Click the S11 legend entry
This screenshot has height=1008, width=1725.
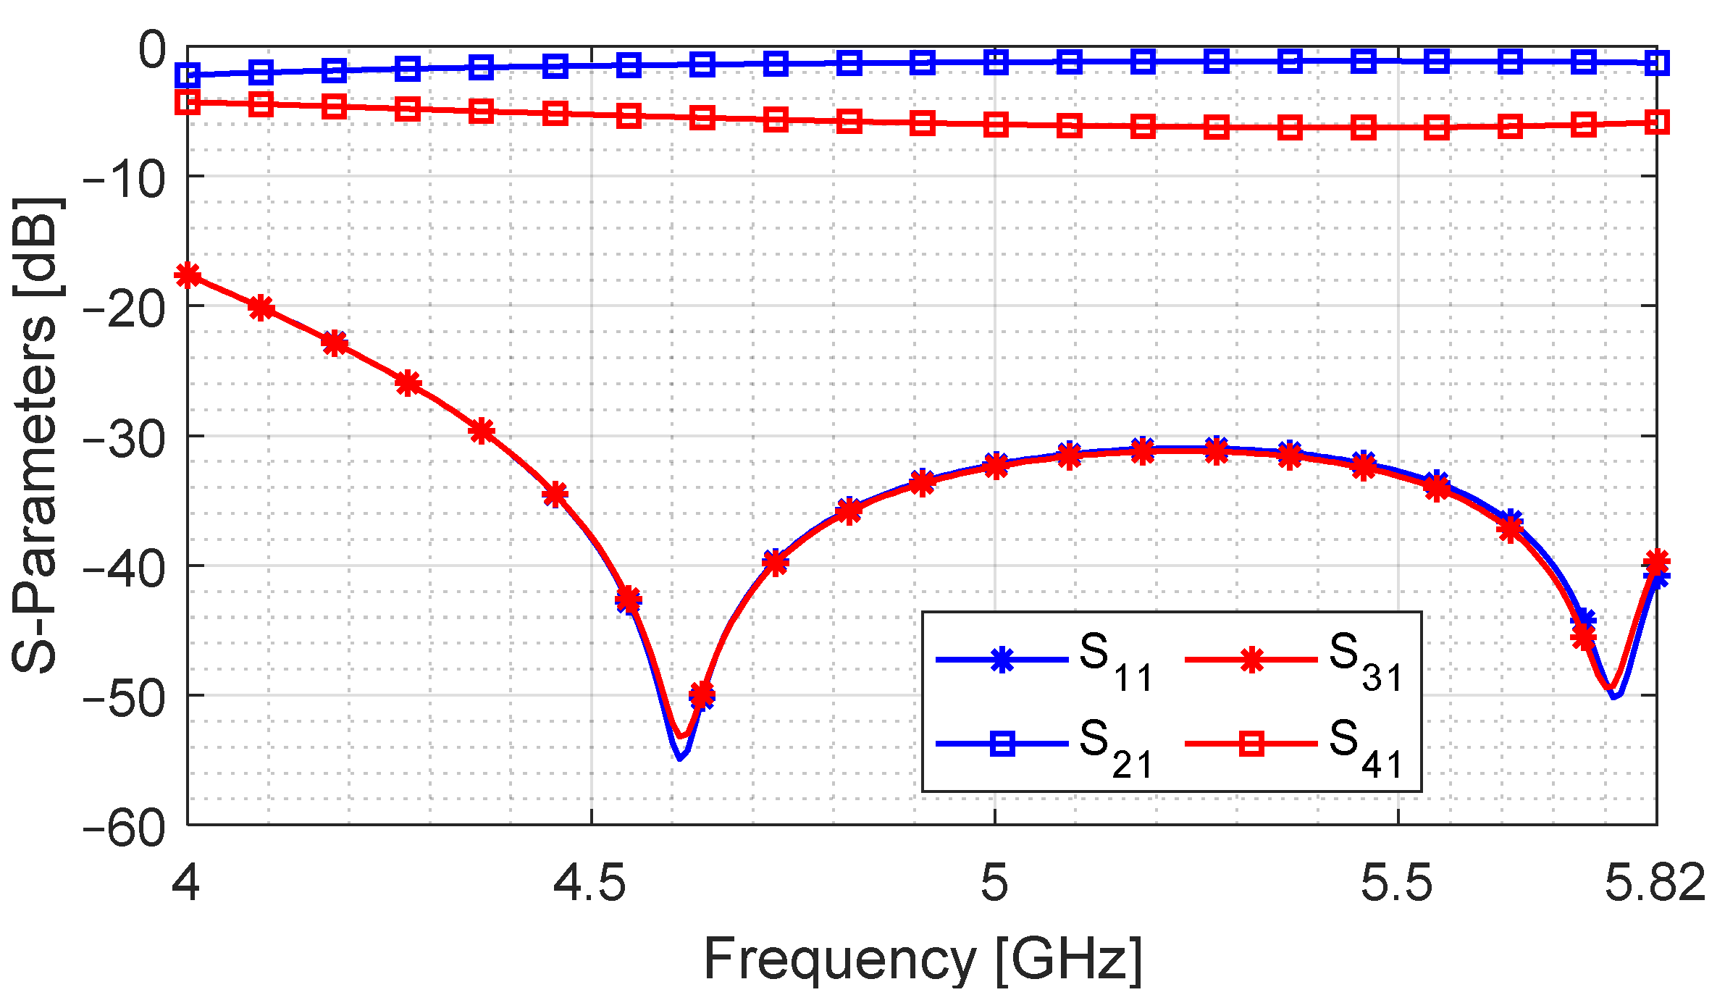coord(1043,660)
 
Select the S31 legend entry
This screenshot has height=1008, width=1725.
coord(1293,660)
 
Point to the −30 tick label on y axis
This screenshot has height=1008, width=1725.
coord(124,437)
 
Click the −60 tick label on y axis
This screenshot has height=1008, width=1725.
coord(124,826)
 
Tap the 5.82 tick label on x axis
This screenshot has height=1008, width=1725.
coord(1655,883)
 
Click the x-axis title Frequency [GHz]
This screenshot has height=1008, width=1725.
coord(922,959)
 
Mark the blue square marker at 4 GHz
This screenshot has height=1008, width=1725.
coord(188,75)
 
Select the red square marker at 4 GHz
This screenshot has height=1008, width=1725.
coord(188,102)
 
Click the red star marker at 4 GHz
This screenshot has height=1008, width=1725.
coord(188,275)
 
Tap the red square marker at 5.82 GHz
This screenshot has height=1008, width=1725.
coord(1657,122)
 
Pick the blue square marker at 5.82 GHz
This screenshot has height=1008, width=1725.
coord(1657,64)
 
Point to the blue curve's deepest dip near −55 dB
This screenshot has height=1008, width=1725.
coord(679,757)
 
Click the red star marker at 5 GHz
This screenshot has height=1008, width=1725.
coord(996,466)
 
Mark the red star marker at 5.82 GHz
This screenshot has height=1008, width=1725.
coord(1657,561)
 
